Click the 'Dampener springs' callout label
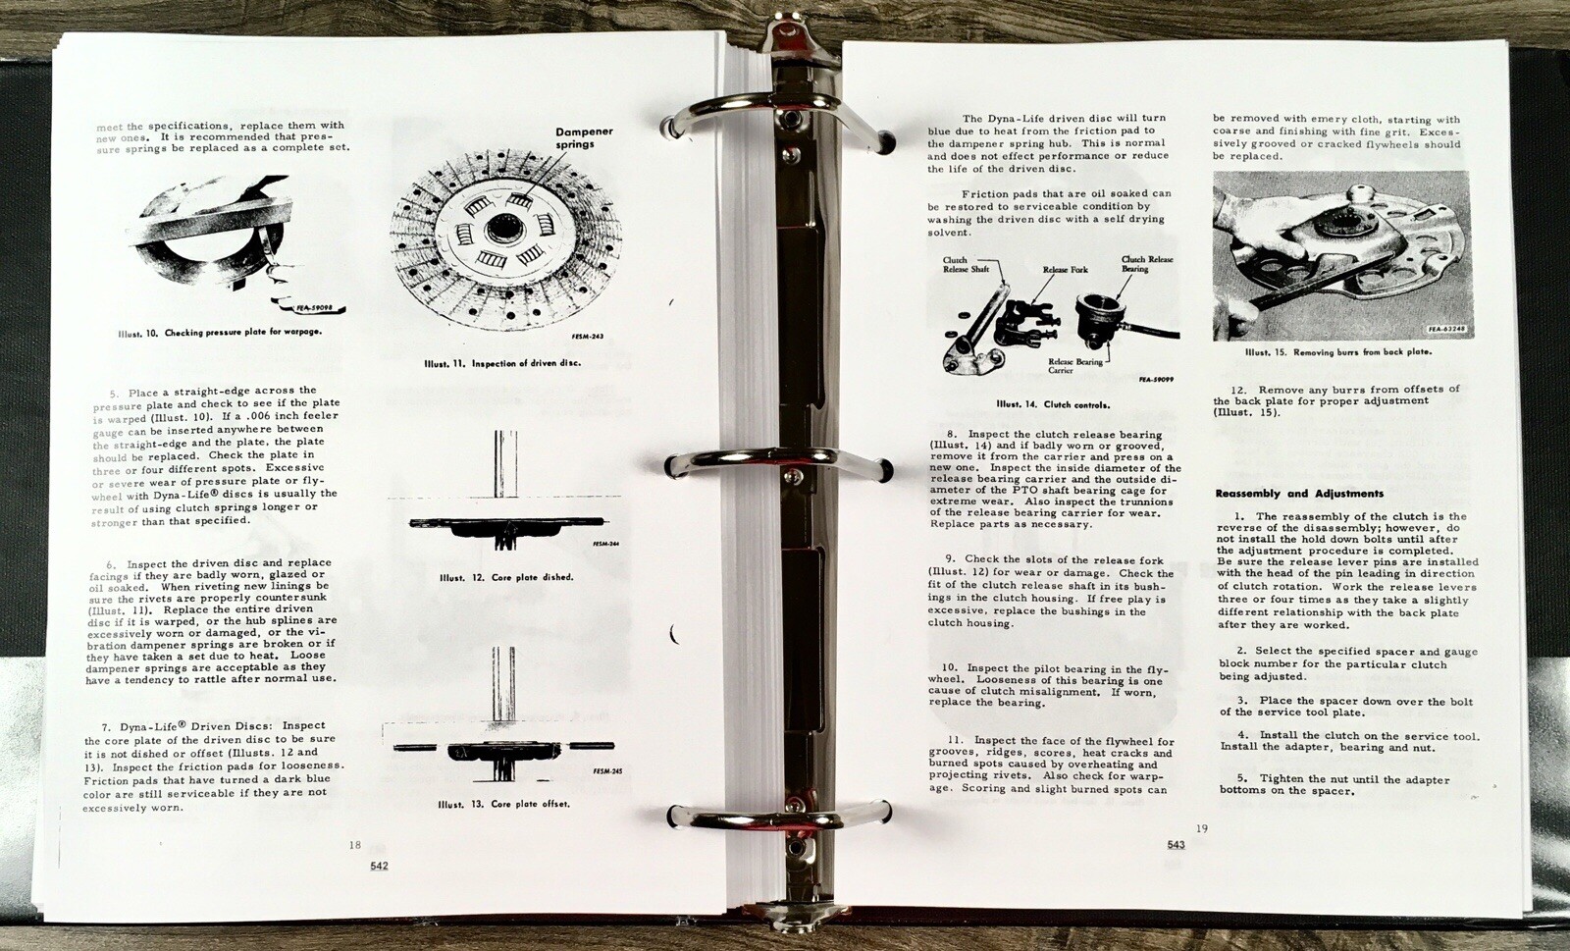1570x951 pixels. tap(584, 137)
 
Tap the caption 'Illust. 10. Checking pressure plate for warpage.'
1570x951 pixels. tap(220, 333)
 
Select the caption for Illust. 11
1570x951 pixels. tap(501, 364)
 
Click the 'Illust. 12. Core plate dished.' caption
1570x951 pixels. tap(506, 577)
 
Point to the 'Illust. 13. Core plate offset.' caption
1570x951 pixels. tap(504, 804)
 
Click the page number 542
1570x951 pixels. tap(379, 866)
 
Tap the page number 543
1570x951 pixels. tap(1177, 844)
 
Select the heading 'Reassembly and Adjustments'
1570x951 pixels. tap(1299, 494)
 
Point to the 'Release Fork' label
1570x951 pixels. tap(1066, 269)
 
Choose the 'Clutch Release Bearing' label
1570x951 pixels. tap(1147, 263)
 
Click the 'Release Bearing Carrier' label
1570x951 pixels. tap(1075, 366)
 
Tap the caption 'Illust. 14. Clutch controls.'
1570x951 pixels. tap(1053, 404)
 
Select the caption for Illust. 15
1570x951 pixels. tap(1338, 351)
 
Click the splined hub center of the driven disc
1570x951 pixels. tap(499, 228)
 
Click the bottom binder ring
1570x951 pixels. tap(778, 818)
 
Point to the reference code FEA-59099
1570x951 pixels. tap(1156, 379)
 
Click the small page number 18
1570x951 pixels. tap(354, 845)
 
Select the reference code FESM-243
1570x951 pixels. tap(588, 337)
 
